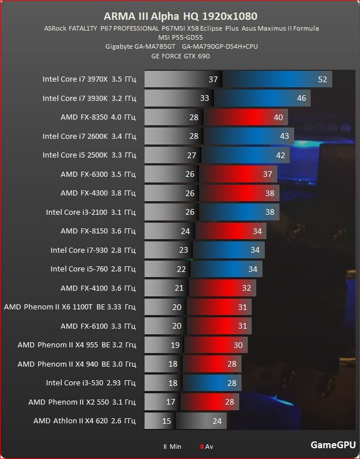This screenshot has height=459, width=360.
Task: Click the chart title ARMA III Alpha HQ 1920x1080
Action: coord(180,16)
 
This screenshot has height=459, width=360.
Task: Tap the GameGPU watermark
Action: coord(333,445)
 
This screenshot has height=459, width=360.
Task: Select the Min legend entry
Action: coord(172,447)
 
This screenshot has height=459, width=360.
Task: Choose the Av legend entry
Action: coord(206,447)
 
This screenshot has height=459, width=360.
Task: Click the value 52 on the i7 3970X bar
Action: coord(323,79)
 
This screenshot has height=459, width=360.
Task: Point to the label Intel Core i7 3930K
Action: coord(89,98)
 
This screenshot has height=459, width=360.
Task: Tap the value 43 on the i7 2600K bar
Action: coord(284,136)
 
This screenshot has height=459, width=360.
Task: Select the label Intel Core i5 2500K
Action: coord(89,155)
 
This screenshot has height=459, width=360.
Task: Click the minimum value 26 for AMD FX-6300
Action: coord(190,174)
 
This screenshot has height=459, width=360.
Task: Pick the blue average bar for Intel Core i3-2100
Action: coord(238,212)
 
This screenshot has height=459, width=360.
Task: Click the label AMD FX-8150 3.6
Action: coord(98,231)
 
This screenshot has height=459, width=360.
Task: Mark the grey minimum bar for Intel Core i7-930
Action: coord(167,250)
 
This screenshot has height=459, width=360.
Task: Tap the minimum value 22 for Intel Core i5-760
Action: coord(181,269)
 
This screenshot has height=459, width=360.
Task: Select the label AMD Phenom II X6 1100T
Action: coord(70,307)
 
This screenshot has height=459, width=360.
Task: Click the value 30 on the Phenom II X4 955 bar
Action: coord(238,345)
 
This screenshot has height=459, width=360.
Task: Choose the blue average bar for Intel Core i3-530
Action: coord(213,383)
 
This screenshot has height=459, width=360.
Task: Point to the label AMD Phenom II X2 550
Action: coord(82,402)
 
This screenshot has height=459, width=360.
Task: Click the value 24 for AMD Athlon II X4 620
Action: coord(217,421)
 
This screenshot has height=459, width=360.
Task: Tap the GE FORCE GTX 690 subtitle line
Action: coord(180,56)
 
